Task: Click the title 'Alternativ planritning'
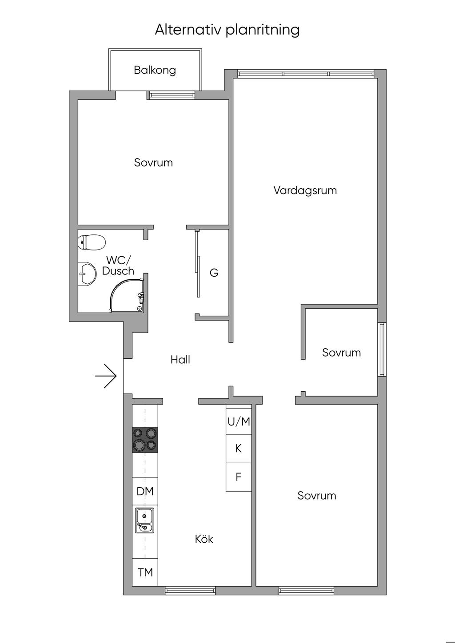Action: (x=227, y=30)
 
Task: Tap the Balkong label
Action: (x=155, y=70)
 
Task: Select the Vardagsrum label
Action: (x=305, y=191)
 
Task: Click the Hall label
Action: (x=180, y=360)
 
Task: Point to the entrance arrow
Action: (x=106, y=376)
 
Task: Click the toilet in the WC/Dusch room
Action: (x=92, y=242)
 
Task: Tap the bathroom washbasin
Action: (x=87, y=274)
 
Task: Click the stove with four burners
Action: (x=145, y=440)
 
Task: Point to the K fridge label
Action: (x=238, y=449)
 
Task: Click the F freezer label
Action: (x=238, y=477)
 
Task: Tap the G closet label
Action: (x=214, y=272)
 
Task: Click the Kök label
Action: (x=204, y=539)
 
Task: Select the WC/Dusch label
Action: (x=118, y=266)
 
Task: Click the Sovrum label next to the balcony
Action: (x=153, y=163)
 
